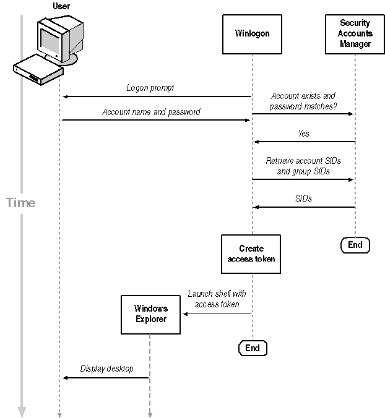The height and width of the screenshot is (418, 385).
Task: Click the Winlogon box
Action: point(252,34)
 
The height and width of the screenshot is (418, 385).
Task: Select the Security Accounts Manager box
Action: point(355,34)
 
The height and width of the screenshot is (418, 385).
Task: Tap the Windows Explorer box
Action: point(150,314)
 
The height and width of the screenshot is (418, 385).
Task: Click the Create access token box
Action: point(251,254)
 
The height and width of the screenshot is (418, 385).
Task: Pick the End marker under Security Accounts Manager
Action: point(355,245)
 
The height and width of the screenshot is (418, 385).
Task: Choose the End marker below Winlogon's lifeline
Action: point(253,348)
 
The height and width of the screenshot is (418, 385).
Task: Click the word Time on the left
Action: point(21,203)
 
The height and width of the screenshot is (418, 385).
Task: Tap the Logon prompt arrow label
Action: point(150,88)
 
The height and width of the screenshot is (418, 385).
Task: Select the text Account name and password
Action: point(151,113)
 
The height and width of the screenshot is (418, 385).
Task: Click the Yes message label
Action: point(303,134)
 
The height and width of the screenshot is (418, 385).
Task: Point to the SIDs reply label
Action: point(303,198)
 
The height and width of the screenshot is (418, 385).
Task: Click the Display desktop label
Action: point(106,369)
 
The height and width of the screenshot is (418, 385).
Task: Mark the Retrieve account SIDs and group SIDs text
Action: point(303,166)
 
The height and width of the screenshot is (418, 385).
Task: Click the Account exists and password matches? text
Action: point(303,101)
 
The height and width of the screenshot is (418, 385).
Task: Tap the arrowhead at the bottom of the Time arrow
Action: point(22,412)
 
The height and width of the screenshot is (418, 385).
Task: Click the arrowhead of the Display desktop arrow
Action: point(65,377)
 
